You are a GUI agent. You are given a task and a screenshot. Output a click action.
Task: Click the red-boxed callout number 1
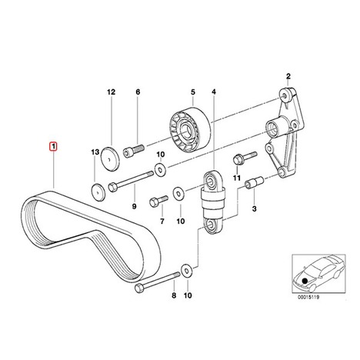point(53,147)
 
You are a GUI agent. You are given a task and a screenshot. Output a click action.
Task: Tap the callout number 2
point(288,76)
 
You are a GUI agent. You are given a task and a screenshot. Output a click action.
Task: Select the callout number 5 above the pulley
point(193,92)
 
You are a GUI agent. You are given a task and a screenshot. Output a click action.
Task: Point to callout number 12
point(111,92)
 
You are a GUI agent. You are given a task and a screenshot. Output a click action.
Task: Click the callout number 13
point(95,152)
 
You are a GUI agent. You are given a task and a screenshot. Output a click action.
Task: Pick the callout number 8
point(174,295)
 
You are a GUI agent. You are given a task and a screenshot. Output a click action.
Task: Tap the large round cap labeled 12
point(110,158)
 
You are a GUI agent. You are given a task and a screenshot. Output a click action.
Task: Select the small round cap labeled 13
point(98,192)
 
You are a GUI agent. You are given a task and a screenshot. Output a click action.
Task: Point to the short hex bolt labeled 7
point(158,202)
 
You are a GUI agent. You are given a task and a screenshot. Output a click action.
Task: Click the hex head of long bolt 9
point(113,186)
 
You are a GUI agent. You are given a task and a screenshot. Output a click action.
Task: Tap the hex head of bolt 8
point(138,288)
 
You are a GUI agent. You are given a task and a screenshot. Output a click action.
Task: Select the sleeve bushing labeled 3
point(254,183)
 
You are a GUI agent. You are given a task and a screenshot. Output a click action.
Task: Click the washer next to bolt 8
point(187,270)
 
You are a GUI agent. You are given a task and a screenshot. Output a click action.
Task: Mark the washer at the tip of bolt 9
point(160,169)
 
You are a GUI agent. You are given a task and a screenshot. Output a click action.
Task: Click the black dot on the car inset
point(305,281)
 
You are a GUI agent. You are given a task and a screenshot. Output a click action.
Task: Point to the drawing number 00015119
point(308,298)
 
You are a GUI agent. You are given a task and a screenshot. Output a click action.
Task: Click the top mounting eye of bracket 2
point(284,95)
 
